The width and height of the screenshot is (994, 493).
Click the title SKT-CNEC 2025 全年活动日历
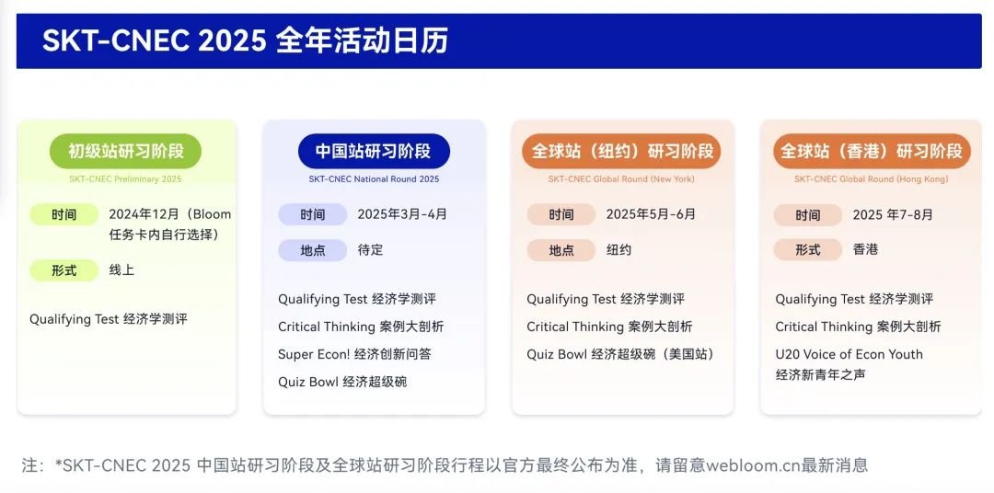[246, 41]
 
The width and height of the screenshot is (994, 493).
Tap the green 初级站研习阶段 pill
[125, 151]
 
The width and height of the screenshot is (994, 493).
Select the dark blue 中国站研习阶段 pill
[374, 151]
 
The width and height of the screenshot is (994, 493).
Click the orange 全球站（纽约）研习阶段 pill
[622, 151]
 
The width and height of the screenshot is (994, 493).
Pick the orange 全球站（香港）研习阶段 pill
[872, 151]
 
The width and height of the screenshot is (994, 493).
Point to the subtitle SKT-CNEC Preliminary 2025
[125, 179]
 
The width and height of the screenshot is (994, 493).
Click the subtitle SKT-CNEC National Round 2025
[374, 179]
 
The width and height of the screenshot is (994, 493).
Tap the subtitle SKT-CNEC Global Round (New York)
[622, 179]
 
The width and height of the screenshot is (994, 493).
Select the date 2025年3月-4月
[402, 214]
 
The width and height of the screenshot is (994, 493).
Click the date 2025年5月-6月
[651, 214]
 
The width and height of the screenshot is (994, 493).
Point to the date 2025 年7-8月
[893, 215]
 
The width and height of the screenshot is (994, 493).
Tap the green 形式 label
[64, 270]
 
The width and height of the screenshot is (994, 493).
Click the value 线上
[121, 270]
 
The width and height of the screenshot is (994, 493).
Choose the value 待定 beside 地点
[370, 249]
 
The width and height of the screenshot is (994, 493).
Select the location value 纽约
[618, 249]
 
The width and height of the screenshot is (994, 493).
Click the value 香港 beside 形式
[865, 249]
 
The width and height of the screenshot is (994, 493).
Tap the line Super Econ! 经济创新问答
[354, 354]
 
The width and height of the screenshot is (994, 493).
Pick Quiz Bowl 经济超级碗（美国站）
[621, 354]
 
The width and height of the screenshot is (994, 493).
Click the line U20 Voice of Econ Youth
[849, 354]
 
